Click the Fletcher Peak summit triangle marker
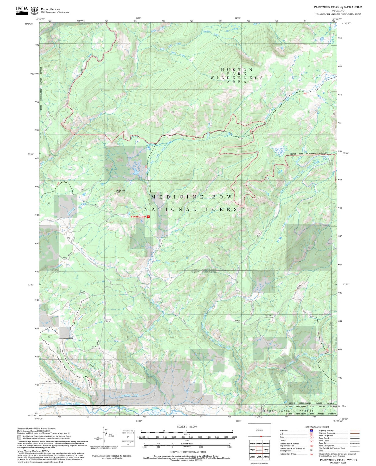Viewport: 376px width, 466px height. [116, 193]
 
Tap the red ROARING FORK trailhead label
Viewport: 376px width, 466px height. [139, 217]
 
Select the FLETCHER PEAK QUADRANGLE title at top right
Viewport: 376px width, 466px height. [337, 7]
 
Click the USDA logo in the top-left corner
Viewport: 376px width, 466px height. [22, 10]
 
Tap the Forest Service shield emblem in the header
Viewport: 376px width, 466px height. [34, 11]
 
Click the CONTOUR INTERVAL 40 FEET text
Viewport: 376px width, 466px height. [188, 452]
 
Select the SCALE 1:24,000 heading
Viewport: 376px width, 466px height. [187, 427]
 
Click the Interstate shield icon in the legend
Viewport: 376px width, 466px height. [311, 431]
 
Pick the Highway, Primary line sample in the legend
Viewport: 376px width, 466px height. [355, 431]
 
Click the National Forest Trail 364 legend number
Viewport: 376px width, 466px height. [311, 454]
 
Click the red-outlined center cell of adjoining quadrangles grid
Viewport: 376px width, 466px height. [259, 450]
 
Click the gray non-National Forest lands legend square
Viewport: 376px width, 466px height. [19, 437]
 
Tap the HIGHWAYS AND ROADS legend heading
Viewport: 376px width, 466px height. [317, 427]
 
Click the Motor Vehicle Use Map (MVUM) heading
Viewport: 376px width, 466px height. [34, 451]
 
